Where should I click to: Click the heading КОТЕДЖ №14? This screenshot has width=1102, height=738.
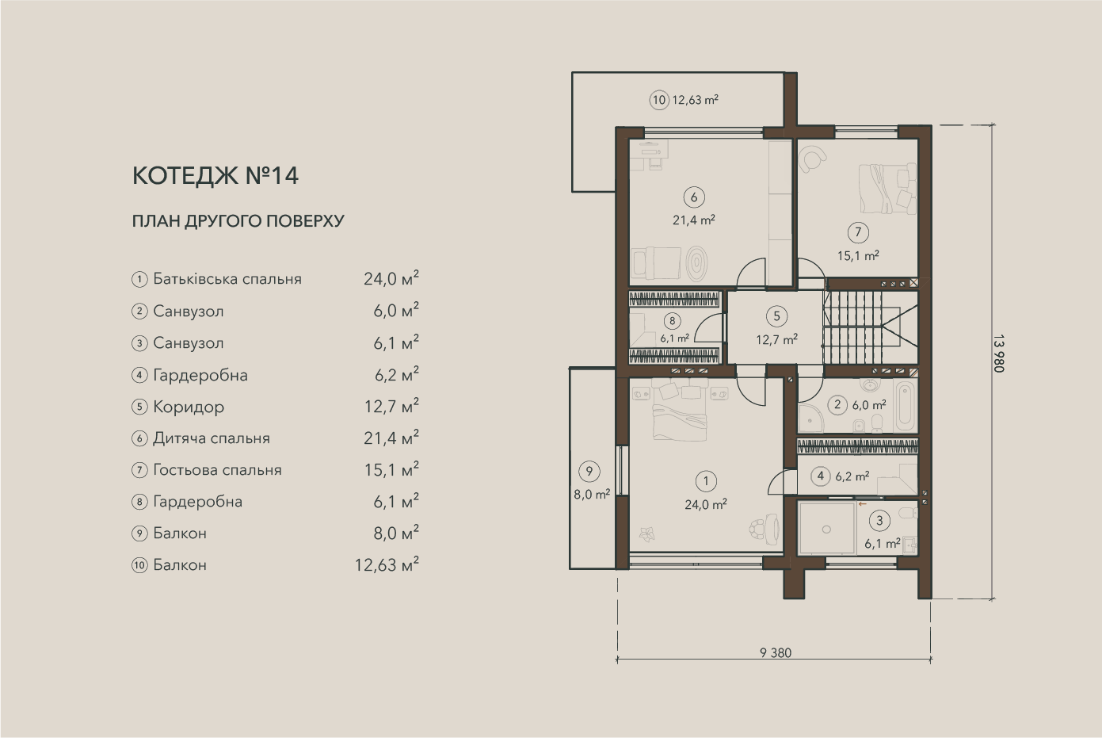coord(215,176)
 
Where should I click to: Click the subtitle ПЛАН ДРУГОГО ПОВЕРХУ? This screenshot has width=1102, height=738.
coord(238,221)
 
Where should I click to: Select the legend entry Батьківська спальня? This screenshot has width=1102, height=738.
coord(227,279)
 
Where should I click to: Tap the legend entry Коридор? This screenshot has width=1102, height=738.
coord(189,407)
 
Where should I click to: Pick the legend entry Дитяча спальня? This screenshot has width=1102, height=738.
coord(212,438)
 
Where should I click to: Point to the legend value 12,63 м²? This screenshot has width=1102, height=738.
coord(387,564)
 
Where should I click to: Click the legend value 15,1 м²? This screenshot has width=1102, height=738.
coord(391,470)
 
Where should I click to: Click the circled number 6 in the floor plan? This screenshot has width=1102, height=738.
coord(694,197)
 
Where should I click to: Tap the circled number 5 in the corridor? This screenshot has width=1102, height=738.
coord(777,316)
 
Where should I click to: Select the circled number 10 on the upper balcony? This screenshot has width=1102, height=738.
coord(658,101)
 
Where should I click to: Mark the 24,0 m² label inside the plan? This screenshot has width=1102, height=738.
coord(706,505)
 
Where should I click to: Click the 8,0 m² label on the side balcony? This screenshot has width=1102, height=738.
coord(592,494)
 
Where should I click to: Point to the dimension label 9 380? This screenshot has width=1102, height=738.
coord(776,653)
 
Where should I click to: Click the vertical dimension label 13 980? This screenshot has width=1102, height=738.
coord(999,354)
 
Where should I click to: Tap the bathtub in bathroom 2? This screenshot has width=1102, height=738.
coord(906,406)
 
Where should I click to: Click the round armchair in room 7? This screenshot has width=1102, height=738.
coord(812,159)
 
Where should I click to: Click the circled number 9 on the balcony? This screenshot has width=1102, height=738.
coord(589,472)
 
